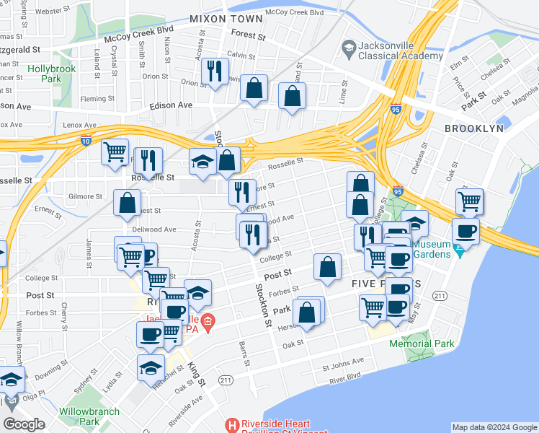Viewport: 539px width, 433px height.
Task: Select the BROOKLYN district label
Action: pyautogui.click(x=473, y=128)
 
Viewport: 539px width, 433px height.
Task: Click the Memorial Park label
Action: pyautogui.click(x=422, y=344)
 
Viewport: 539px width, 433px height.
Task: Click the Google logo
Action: pyautogui.click(x=24, y=424)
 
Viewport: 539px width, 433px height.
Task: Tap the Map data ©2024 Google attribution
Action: pyautogui.click(x=494, y=428)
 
